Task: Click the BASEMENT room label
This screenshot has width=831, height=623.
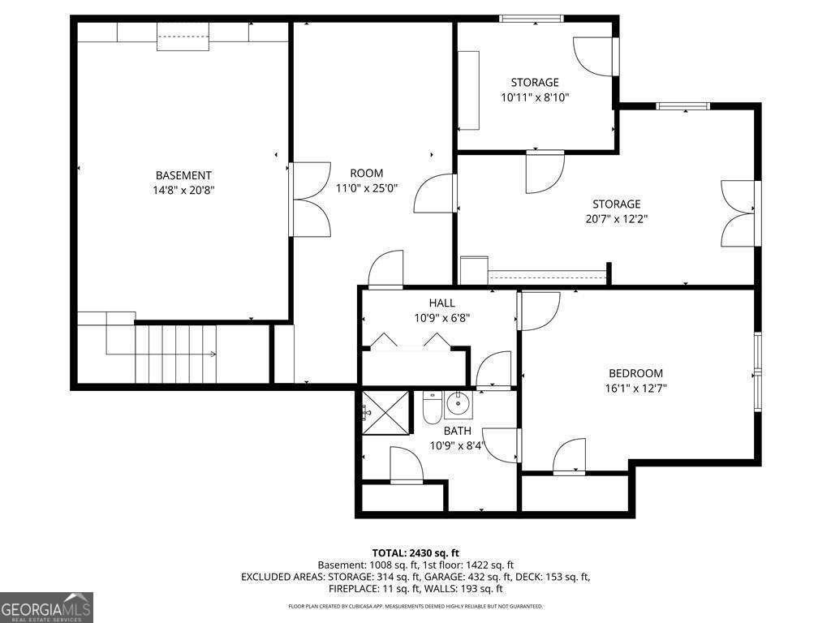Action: [x=183, y=175]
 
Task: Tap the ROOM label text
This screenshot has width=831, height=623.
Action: [x=366, y=174]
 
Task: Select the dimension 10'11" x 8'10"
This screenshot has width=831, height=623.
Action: [x=535, y=97]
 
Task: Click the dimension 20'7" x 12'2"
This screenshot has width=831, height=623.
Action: [x=617, y=219]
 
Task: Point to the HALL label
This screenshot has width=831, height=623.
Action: [x=442, y=303]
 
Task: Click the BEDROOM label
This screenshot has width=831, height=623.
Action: [x=635, y=373]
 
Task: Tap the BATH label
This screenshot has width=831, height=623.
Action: [x=458, y=431]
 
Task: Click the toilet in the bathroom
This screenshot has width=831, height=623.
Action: [x=432, y=407]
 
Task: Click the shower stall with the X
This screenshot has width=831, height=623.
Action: [x=385, y=413]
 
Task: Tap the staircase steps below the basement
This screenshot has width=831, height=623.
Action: [x=176, y=354]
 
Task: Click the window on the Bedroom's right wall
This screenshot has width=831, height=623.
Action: [x=758, y=372]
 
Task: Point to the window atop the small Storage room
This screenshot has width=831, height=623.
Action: [x=531, y=19]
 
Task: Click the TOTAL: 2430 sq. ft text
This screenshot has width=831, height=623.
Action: [x=415, y=553]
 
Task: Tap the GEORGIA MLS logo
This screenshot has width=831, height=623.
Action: [x=46, y=607]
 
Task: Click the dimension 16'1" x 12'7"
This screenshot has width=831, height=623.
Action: [x=635, y=389]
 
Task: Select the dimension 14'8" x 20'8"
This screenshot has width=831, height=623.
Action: [x=183, y=190]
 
